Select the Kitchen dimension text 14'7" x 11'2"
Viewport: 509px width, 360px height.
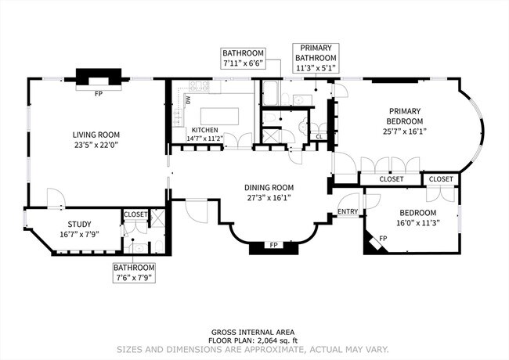[205, 139]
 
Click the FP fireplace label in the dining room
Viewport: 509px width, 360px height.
[274, 245]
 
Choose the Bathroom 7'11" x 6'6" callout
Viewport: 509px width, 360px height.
[242, 57]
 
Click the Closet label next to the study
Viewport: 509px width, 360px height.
[135, 213]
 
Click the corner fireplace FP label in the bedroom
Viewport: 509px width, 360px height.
[383, 237]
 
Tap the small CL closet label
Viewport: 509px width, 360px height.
[319, 137]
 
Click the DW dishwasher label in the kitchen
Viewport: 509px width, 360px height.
[187, 100]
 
